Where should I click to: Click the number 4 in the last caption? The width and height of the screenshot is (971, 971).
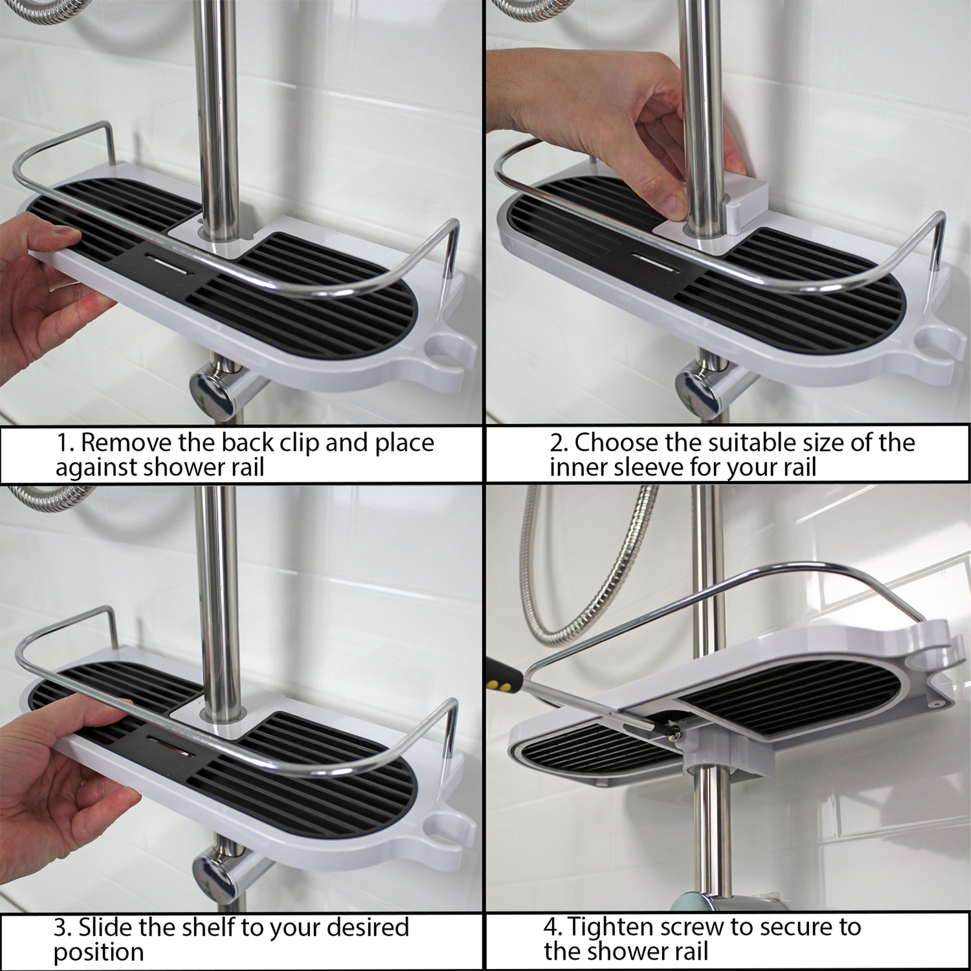(551, 928)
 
